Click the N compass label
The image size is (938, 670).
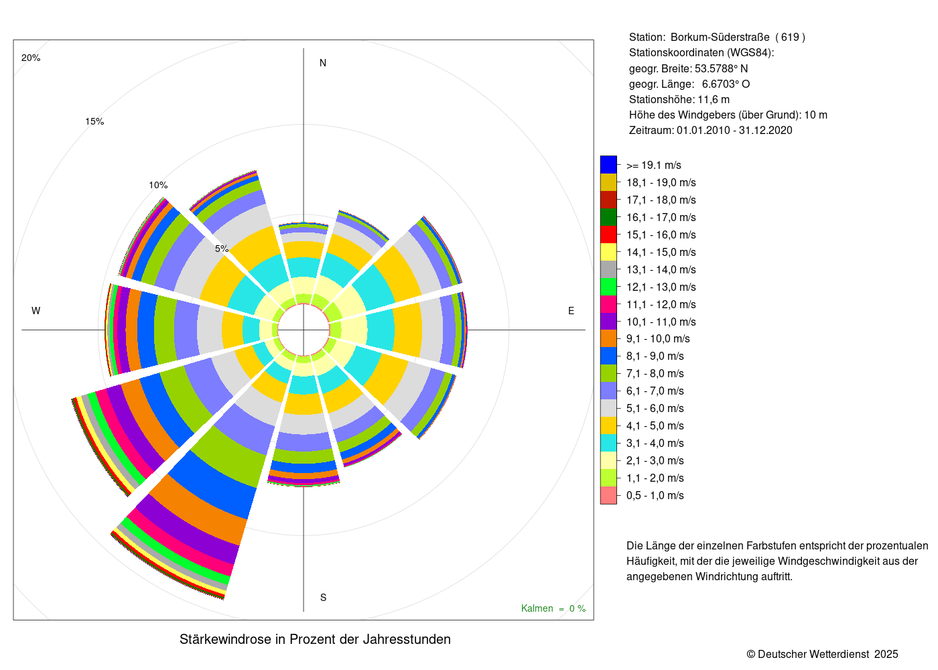point(323,63)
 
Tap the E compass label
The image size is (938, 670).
point(571,311)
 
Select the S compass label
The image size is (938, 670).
point(323,598)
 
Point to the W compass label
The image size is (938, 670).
point(36,311)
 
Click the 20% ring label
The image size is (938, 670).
point(31,58)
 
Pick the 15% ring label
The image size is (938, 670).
point(94,122)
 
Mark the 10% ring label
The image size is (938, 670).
point(158,186)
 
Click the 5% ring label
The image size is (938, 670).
point(222,249)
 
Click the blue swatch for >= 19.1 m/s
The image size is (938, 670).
point(608,165)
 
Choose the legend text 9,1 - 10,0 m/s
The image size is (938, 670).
point(658,339)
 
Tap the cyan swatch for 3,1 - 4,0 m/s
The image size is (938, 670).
point(608,443)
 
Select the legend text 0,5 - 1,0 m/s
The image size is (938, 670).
point(655,496)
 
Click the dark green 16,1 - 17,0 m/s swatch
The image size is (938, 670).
point(608,217)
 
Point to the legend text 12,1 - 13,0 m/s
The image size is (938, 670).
point(661,287)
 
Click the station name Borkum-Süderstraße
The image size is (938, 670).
point(720,38)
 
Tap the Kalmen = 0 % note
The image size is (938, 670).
point(553,608)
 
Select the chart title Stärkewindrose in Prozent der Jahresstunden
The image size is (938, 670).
point(315,639)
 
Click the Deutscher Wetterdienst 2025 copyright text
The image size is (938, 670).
point(822,654)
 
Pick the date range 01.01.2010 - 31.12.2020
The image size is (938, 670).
point(734,131)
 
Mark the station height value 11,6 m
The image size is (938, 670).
point(714,100)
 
